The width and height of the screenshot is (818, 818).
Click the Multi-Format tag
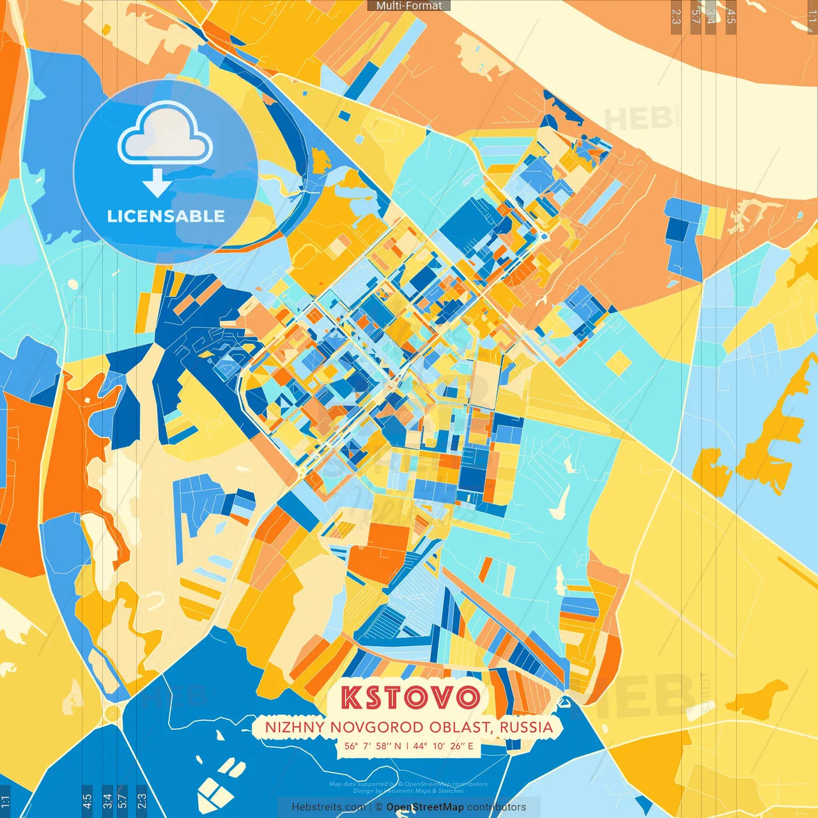pyautogui.click(x=409, y=6)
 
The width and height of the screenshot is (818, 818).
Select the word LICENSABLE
pyautogui.click(x=166, y=216)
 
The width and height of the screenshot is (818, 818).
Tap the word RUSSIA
pyautogui.click(x=527, y=727)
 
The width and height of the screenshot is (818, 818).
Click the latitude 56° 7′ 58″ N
pyautogui.click(x=373, y=746)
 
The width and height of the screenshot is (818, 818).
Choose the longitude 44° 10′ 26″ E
pyautogui.click(x=443, y=746)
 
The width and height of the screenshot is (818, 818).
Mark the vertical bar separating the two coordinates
pyautogui.click(x=407, y=746)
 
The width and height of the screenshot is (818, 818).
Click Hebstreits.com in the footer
pyautogui.click(x=328, y=807)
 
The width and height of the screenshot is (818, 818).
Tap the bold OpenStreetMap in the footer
pyautogui.click(x=425, y=807)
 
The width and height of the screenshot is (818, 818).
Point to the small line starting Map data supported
pyautogui.click(x=408, y=784)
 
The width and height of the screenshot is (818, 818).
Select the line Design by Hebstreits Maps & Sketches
pyautogui.click(x=408, y=791)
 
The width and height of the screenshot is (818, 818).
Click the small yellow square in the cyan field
pyautogui.click(x=618, y=362)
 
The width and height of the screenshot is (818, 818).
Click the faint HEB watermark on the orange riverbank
pyautogui.click(x=638, y=119)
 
